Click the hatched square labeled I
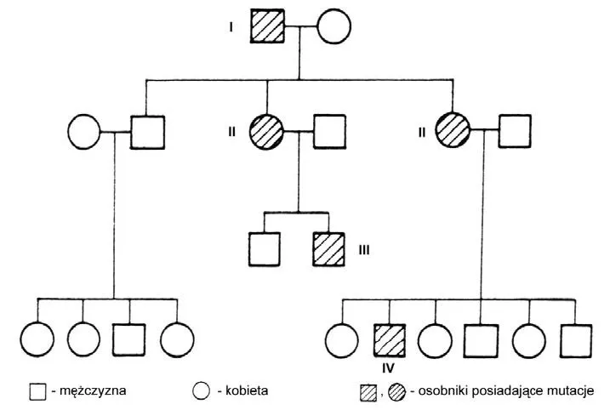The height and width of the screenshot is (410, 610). pyautogui.click(x=267, y=26)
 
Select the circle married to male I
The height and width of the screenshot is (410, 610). pyautogui.click(x=334, y=26)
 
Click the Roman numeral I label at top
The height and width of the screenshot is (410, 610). pyautogui.click(x=231, y=27)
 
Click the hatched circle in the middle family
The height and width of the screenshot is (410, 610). pyautogui.click(x=266, y=133)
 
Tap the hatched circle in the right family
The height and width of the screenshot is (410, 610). pyautogui.click(x=452, y=133)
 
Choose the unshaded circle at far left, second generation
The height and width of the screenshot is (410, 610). pyautogui.click(x=83, y=133)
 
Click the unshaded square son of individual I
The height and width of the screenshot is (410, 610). pyautogui.click(x=147, y=133)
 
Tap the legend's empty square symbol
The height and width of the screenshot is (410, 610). pyautogui.click(x=37, y=391)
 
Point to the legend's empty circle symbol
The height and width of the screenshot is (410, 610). pyautogui.click(x=201, y=391)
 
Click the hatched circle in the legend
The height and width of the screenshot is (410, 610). pyautogui.click(x=397, y=391)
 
